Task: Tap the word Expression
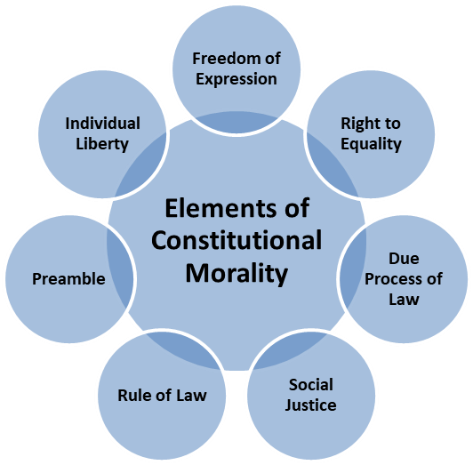(x=236, y=80)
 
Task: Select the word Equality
(x=371, y=144)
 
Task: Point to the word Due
(x=404, y=259)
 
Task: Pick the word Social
(x=310, y=384)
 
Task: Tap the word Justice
(x=310, y=405)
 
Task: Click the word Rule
(x=131, y=396)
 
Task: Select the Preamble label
(x=68, y=279)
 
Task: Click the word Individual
(x=102, y=124)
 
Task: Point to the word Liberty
(x=102, y=144)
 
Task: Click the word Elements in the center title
(x=220, y=208)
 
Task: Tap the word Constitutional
(x=236, y=240)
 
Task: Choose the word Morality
(x=236, y=273)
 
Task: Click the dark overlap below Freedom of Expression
(x=236, y=122)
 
